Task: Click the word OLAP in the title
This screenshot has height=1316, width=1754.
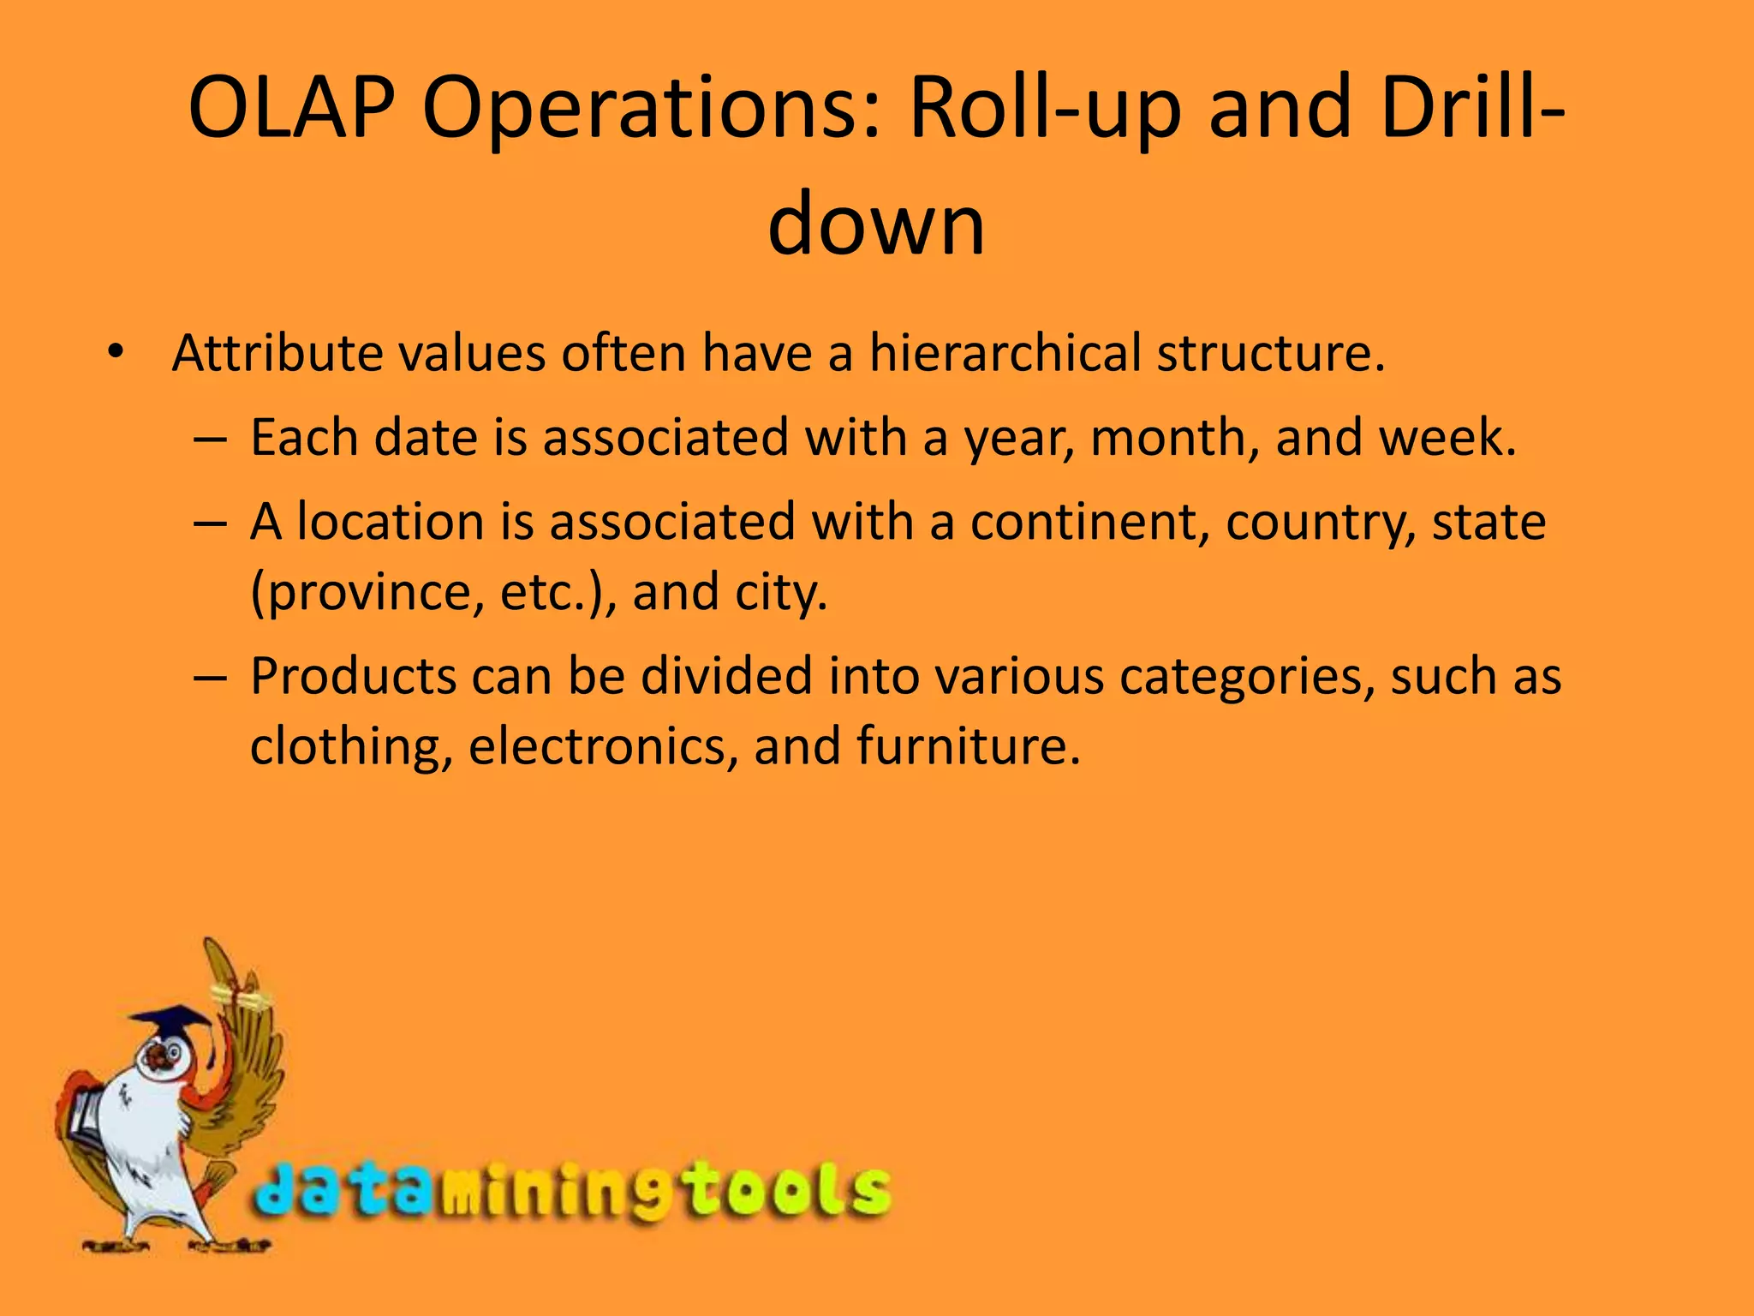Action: click(291, 109)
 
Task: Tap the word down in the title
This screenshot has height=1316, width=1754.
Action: click(875, 224)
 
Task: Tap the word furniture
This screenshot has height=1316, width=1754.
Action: click(968, 745)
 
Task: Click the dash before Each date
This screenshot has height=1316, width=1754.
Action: click(210, 439)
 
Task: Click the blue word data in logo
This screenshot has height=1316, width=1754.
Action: click(343, 1189)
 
